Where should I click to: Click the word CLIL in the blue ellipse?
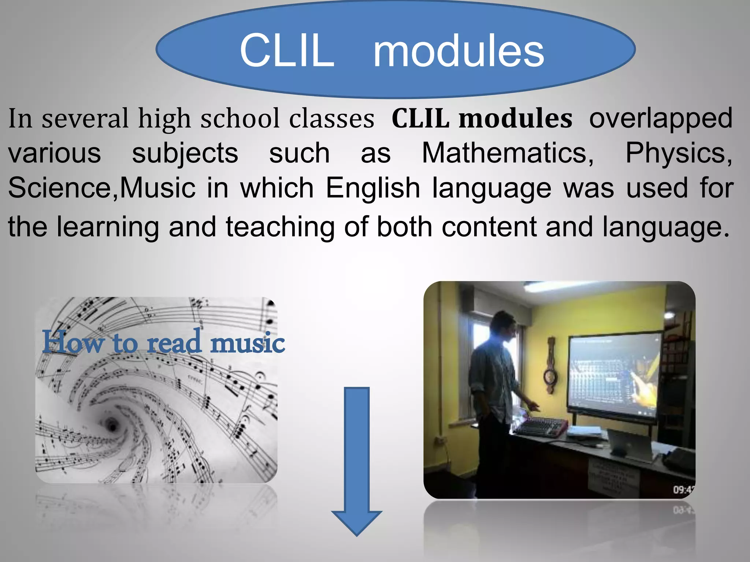(287, 50)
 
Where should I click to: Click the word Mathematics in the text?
(507, 153)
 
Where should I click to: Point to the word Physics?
(677, 153)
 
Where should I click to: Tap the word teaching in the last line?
(280, 227)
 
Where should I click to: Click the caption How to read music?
(163, 342)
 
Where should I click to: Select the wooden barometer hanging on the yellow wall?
(550, 366)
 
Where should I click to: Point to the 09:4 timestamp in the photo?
(683, 490)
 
